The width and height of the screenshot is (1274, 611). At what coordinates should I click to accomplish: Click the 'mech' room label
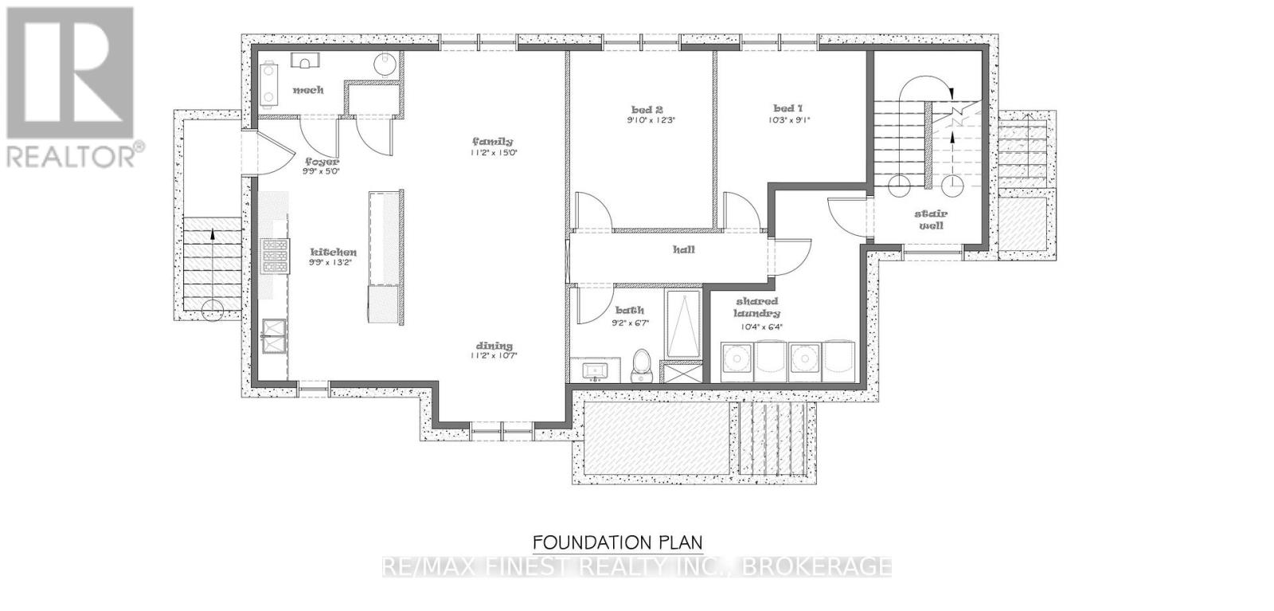[308, 90]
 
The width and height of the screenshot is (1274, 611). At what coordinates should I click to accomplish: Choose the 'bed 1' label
[787, 108]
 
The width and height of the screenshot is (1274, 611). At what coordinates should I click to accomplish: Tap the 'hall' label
[684, 249]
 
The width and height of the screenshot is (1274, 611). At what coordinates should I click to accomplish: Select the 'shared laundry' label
[757, 307]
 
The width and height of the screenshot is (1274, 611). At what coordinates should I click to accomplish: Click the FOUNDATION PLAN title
[617, 543]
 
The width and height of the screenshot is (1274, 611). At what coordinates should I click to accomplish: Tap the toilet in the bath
[642, 368]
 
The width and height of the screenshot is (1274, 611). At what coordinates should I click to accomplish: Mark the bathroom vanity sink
[593, 370]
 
